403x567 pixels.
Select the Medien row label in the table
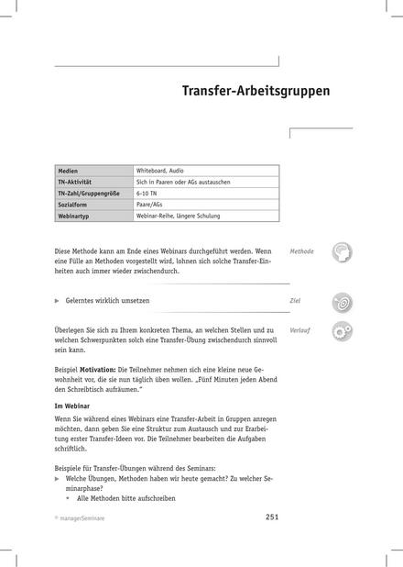(x=68, y=172)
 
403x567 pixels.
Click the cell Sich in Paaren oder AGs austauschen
(x=183, y=183)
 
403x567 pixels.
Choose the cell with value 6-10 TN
(x=147, y=194)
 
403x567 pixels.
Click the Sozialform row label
(x=72, y=205)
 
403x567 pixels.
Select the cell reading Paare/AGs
(x=151, y=205)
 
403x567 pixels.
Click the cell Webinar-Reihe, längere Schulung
(x=179, y=216)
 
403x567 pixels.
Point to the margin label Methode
(x=301, y=250)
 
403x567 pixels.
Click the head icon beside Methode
(x=343, y=252)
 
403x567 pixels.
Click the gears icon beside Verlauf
(x=343, y=332)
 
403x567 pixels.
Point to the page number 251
(x=271, y=518)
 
